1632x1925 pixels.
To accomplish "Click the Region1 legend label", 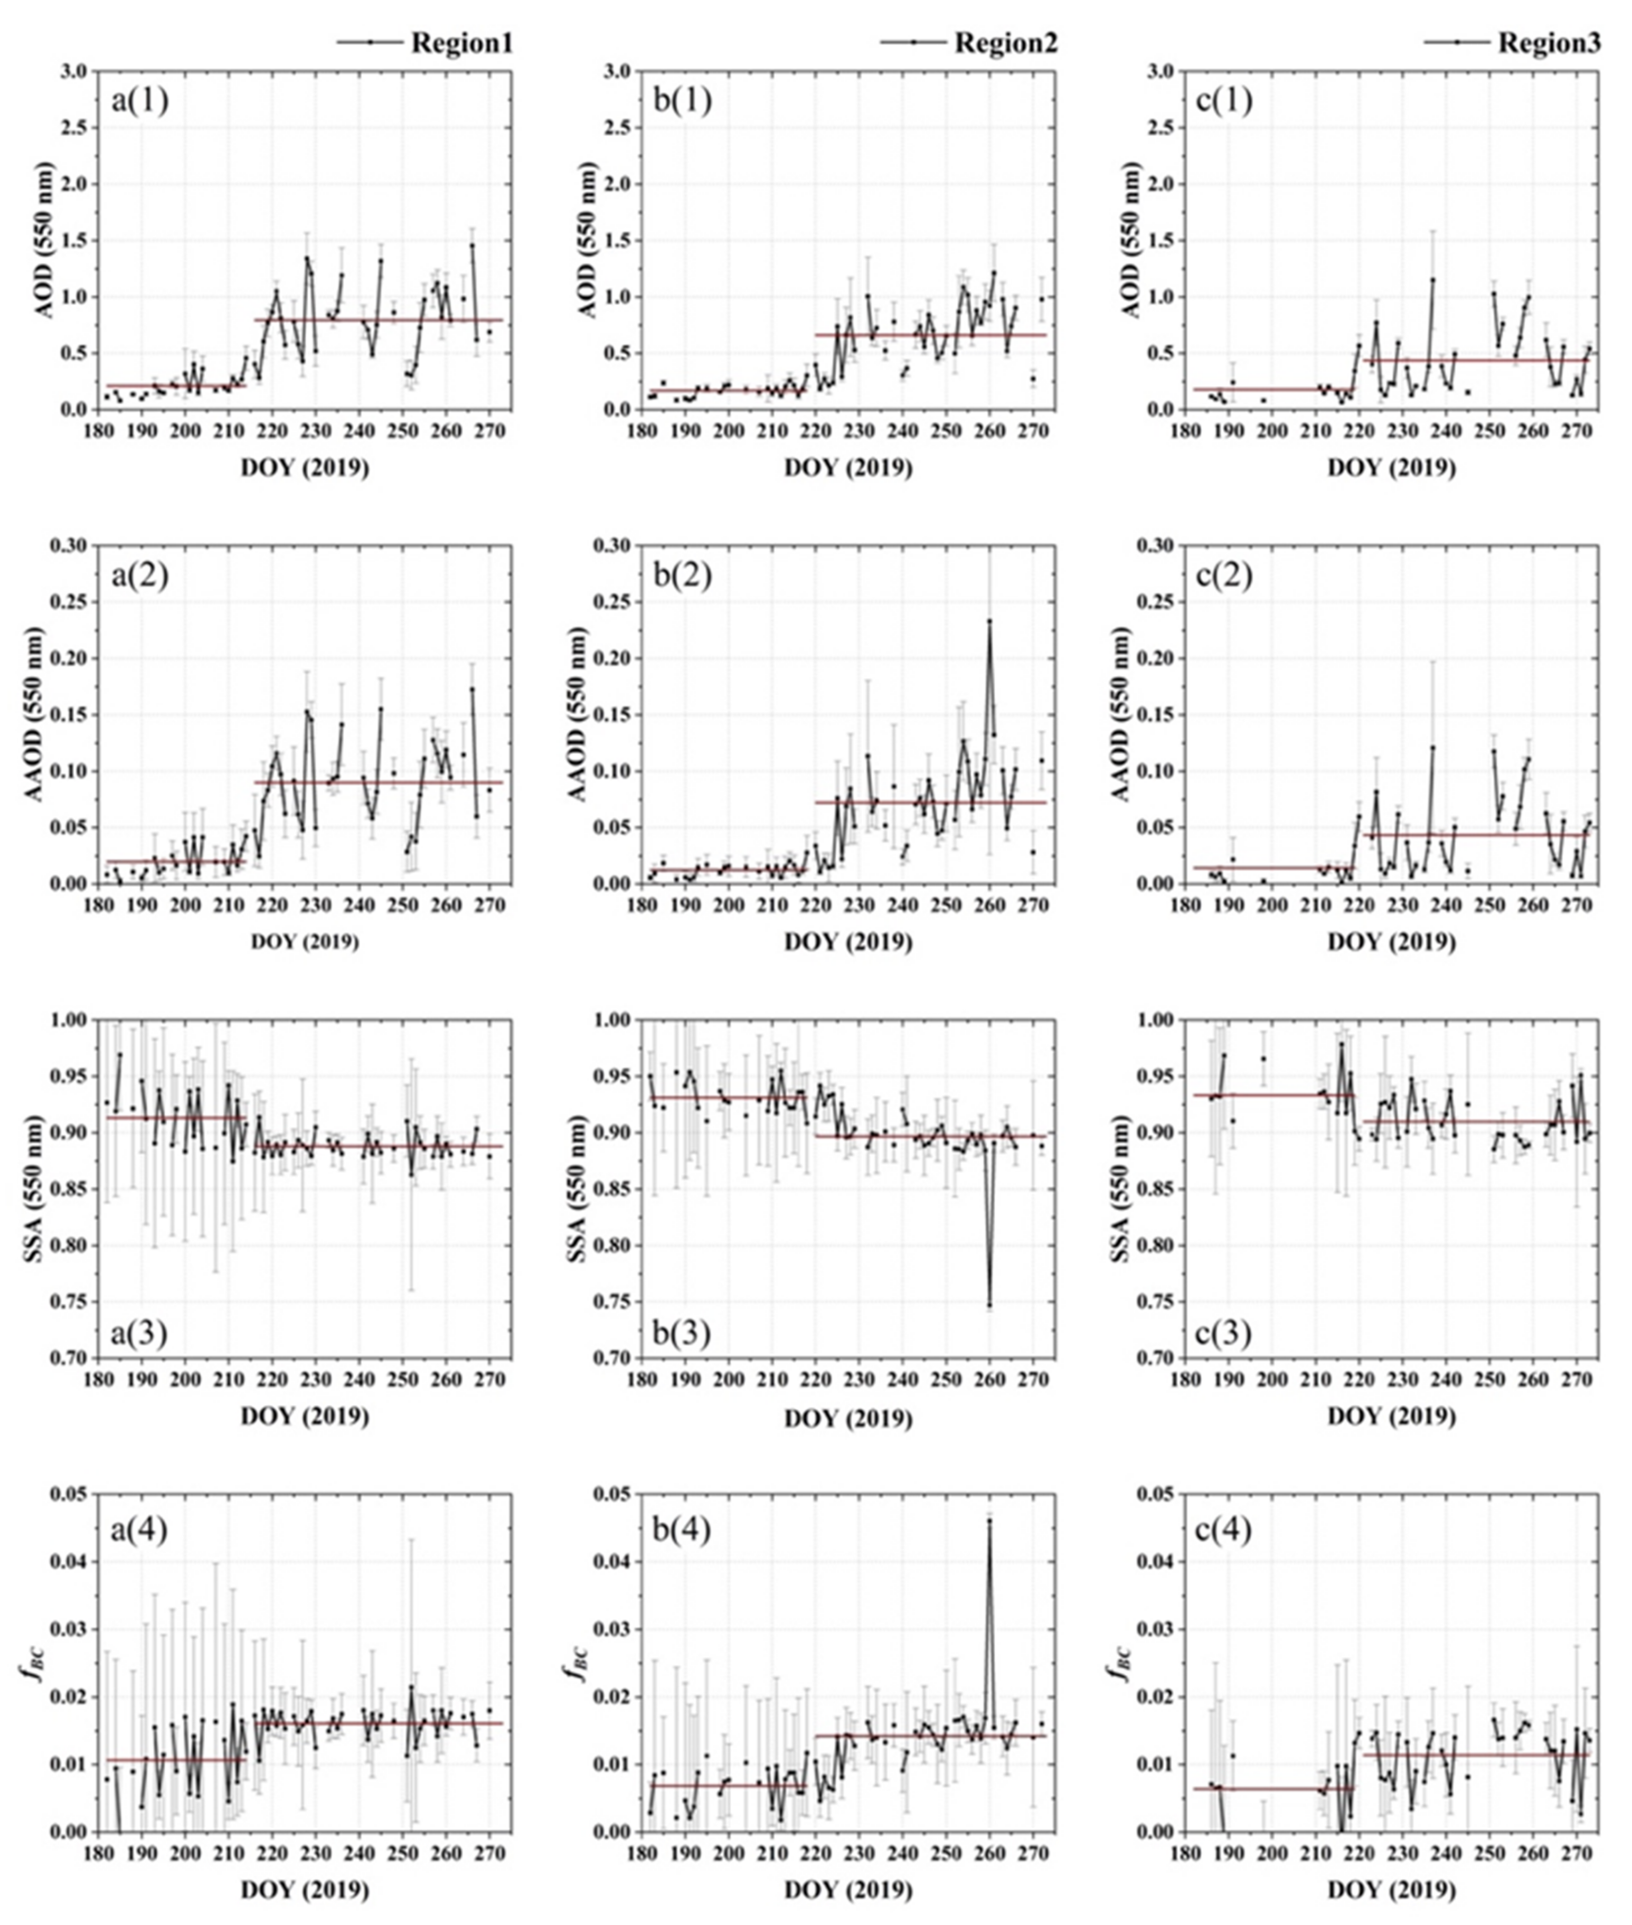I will (461, 43).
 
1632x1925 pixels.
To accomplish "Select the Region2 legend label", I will (1006, 43).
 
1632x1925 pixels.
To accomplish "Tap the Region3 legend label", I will (1550, 43).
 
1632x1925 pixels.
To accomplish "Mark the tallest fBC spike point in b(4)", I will (989, 1520).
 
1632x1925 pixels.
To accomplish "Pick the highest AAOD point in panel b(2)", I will (989, 621).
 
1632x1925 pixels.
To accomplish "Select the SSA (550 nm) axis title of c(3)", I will (1130, 1188).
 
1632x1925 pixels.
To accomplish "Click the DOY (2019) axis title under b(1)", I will (847, 468).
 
